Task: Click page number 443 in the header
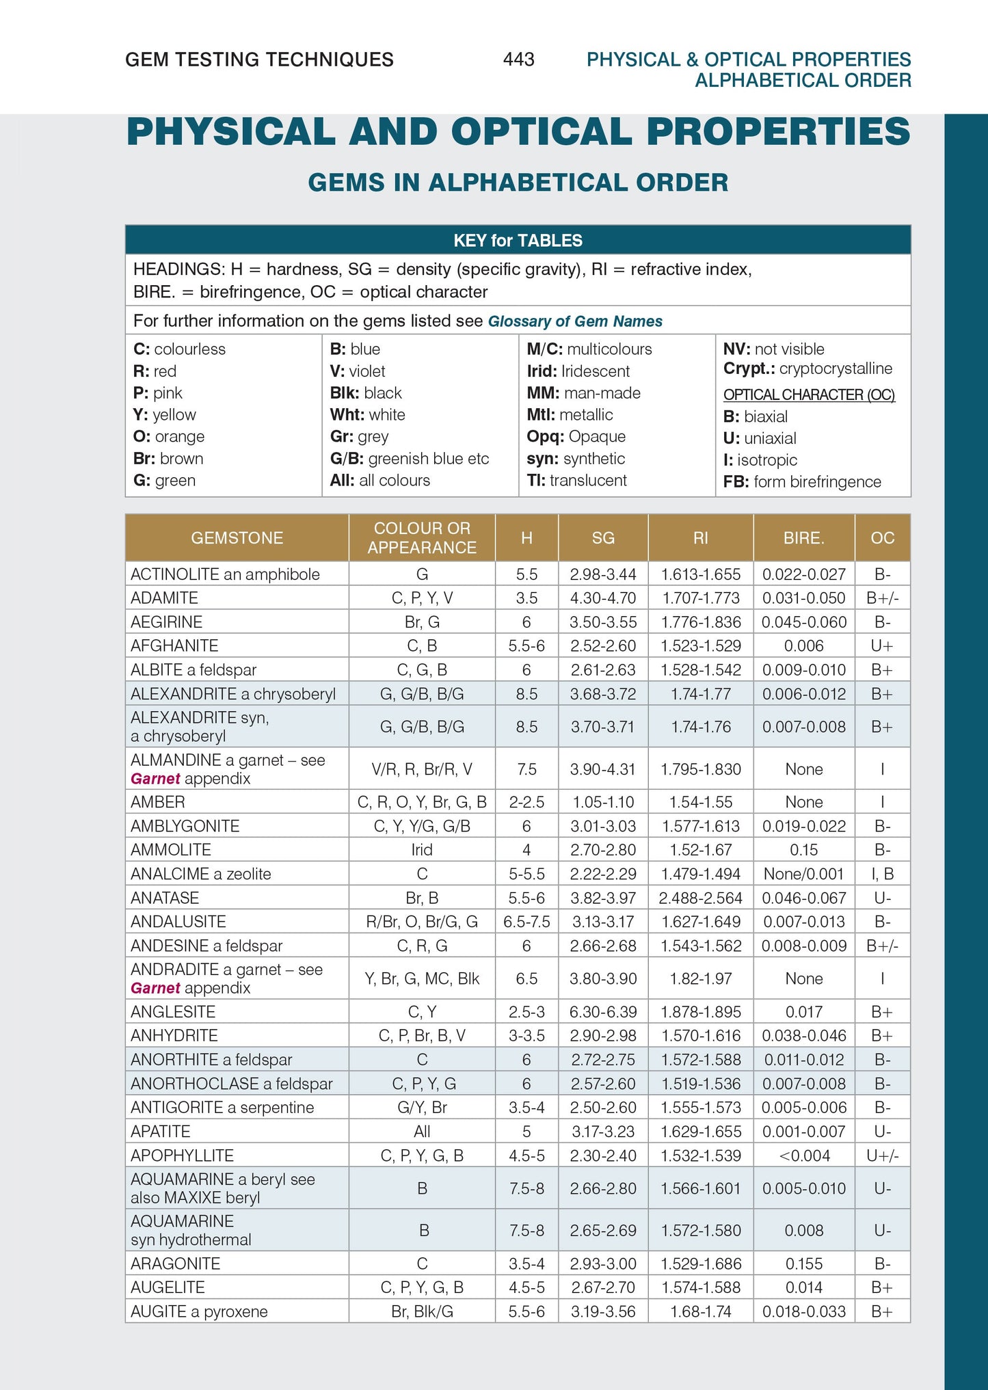coord(518,59)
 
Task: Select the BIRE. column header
coord(803,538)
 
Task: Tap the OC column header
coord(882,538)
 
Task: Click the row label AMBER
coord(158,802)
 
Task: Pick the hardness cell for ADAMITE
coord(526,598)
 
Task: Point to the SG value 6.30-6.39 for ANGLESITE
coord(603,1012)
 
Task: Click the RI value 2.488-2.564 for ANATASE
coord(701,898)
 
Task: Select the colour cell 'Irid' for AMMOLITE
coord(422,850)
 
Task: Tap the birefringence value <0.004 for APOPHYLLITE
coord(804,1155)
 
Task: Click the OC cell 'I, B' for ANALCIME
coord(882,874)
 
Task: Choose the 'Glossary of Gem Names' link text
coord(575,321)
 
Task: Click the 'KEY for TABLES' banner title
coord(518,241)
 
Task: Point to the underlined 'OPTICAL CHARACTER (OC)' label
coord(809,395)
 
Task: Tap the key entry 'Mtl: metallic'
coord(570,415)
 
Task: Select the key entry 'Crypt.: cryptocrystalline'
coord(807,369)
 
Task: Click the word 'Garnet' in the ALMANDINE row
coord(155,779)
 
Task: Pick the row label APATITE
coord(161,1132)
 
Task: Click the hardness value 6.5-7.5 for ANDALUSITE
coord(526,922)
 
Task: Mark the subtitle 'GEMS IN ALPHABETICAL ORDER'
coord(518,183)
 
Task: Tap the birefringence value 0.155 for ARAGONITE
coord(804,1264)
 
